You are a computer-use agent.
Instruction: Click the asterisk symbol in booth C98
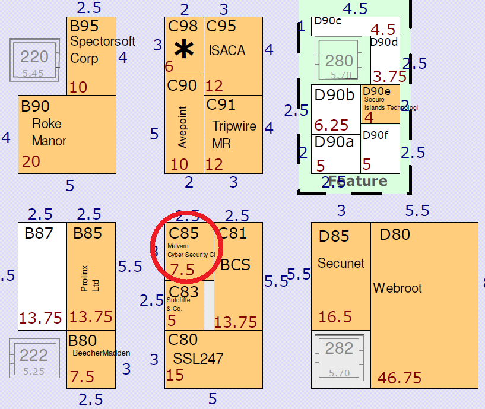[x=184, y=50]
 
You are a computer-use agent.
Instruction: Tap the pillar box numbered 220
[x=34, y=60]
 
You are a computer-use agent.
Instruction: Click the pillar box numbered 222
[x=34, y=358]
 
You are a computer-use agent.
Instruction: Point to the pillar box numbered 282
[x=340, y=351]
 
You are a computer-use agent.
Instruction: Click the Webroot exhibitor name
[x=397, y=288]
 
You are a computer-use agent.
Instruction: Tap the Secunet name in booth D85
[x=341, y=263]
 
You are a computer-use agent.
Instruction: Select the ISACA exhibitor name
[x=227, y=50]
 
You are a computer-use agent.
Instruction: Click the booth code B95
[x=84, y=26]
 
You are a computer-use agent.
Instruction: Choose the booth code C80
[x=183, y=340]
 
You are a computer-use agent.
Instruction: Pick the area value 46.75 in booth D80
[x=400, y=378]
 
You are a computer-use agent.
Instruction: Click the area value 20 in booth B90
[x=31, y=161]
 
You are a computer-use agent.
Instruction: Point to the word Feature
[x=357, y=182]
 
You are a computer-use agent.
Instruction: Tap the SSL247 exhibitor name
[x=198, y=359]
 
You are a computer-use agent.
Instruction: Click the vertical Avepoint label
[x=183, y=127]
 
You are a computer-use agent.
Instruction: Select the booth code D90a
[x=334, y=142]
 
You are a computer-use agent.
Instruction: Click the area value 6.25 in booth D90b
[x=331, y=125]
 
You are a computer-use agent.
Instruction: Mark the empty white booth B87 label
[x=39, y=233]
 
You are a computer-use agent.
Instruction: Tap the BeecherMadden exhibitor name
[x=101, y=353]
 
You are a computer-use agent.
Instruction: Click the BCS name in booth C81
[x=235, y=264]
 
